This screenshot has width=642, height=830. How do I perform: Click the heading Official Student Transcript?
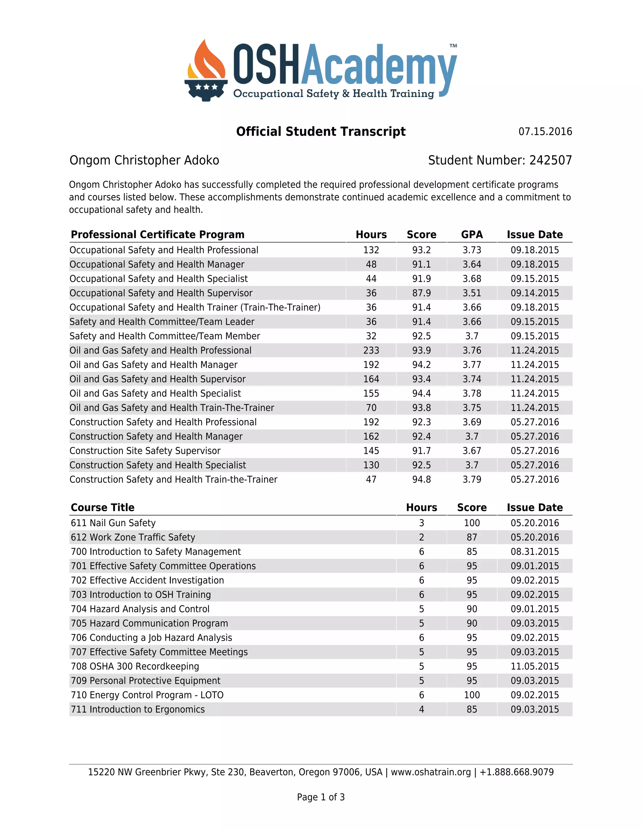click(x=321, y=132)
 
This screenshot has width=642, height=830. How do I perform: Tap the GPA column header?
click(x=471, y=235)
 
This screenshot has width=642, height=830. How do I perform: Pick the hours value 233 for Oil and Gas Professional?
click(x=371, y=350)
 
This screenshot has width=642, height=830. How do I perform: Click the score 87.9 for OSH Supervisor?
click(x=421, y=293)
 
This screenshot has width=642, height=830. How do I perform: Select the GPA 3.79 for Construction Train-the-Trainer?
click(x=471, y=479)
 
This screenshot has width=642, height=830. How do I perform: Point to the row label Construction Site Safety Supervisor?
click(x=145, y=451)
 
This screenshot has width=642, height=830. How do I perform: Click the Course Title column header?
click(x=103, y=507)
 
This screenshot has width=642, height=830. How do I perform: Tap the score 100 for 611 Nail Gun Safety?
click(x=471, y=523)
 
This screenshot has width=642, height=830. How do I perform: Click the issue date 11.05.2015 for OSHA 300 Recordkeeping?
click(x=534, y=666)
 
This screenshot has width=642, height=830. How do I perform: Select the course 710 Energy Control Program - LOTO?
click(x=147, y=695)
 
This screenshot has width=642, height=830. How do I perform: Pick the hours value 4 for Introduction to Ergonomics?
click(x=421, y=709)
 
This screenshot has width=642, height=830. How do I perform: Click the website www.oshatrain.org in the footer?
click(x=430, y=772)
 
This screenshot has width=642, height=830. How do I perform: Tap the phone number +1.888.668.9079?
click(x=517, y=772)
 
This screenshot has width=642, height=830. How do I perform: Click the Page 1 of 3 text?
click(x=321, y=797)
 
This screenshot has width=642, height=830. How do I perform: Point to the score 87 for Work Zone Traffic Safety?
click(x=471, y=537)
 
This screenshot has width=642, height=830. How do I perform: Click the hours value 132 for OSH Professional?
click(x=371, y=250)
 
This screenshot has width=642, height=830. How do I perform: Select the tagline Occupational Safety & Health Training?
click(x=334, y=93)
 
